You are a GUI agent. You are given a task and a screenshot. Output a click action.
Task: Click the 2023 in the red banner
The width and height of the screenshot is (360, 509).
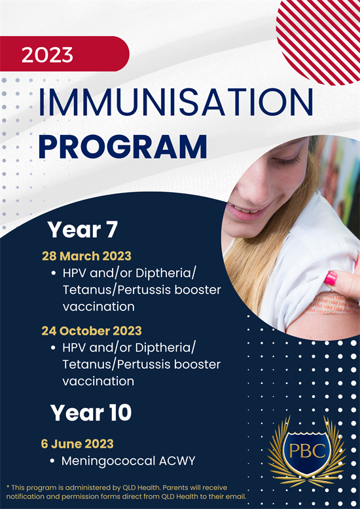pyautogui.click(x=47, y=55)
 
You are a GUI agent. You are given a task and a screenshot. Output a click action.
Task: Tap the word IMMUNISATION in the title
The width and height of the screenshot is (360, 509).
pyautogui.click(x=176, y=102)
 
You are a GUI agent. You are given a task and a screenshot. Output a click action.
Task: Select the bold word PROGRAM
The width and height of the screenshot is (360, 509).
pyautogui.click(x=123, y=147)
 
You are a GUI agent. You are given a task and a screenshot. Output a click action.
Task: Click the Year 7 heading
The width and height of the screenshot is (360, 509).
pyautogui.click(x=82, y=229)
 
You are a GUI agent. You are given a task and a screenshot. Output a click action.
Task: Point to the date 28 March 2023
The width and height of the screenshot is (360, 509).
pyautogui.click(x=86, y=256)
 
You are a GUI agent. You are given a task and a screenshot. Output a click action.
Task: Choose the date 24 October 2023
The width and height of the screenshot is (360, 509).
pyautogui.click(x=92, y=331)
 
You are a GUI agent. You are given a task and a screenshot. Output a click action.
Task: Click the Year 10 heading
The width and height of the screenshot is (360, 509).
pyautogui.click(x=91, y=413)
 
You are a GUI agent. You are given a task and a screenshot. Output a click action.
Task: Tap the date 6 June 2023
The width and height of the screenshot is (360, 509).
pyautogui.click(x=77, y=443)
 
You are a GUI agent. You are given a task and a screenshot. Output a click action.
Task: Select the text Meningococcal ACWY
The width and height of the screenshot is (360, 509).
pyautogui.click(x=128, y=461)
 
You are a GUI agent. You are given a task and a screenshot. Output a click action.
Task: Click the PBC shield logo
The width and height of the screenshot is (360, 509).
pyautogui.click(x=306, y=451)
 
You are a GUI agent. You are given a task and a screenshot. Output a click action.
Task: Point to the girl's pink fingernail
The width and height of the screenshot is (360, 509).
pyautogui.click(x=331, y=279)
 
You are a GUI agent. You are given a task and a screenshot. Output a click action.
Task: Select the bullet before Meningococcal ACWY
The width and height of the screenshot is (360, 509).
pyautogui.click(x=52, y=461)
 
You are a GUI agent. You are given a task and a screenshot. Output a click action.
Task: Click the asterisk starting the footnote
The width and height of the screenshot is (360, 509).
pyautogui.click(x=8, y=487)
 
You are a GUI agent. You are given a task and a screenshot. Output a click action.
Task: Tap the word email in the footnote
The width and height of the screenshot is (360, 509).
pyautogui.click(x=237, y=497)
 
